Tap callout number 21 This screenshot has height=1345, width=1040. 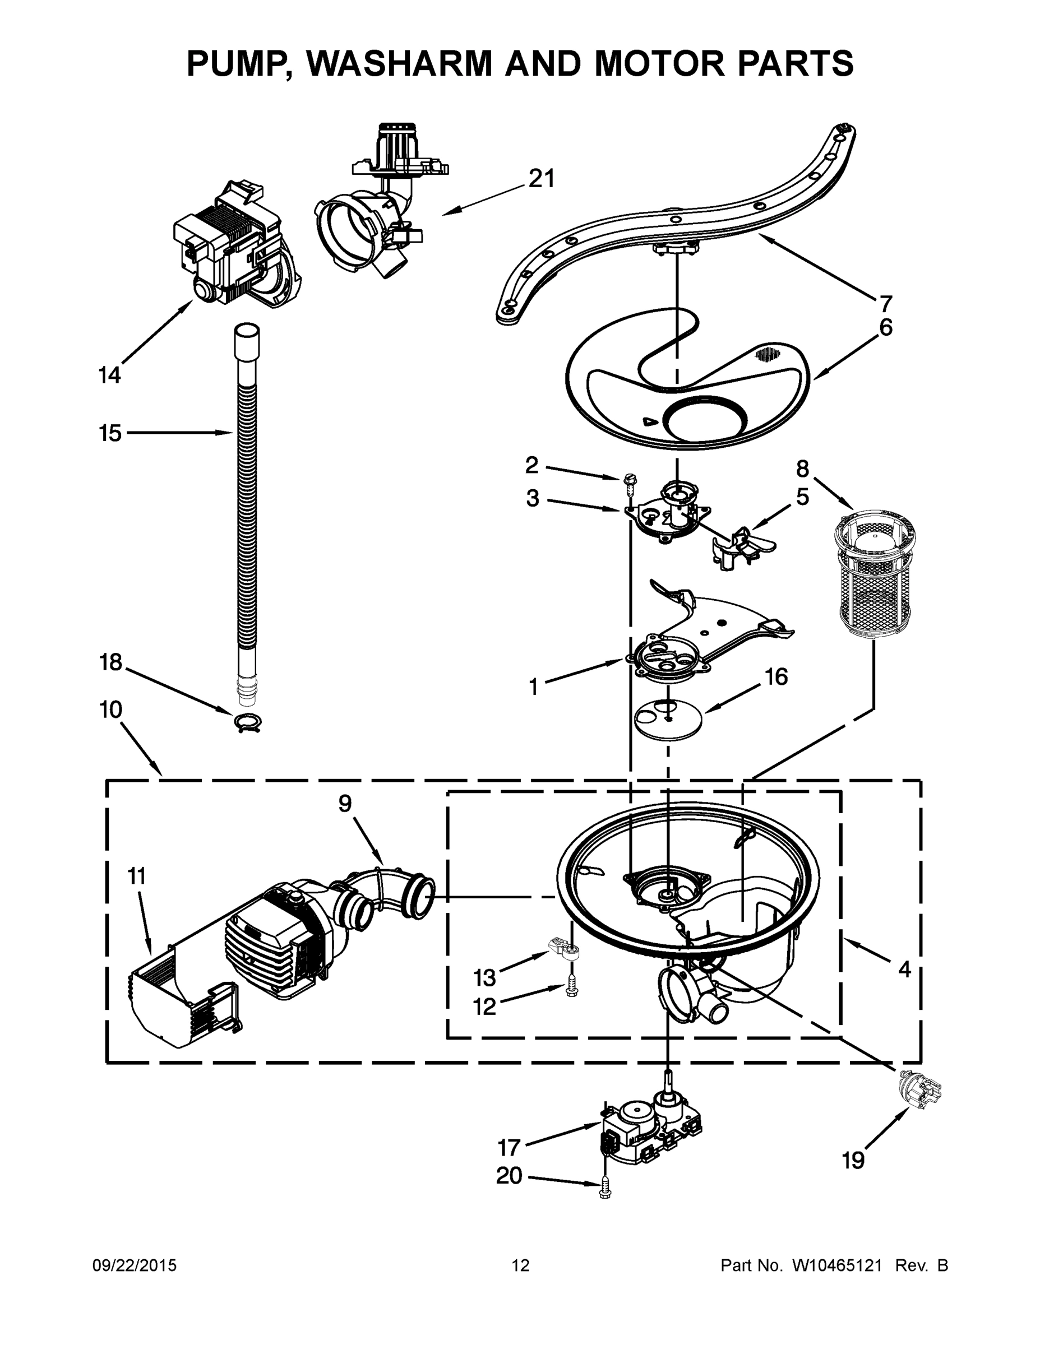pos(542,179)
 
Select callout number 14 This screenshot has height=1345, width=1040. pos(110,374)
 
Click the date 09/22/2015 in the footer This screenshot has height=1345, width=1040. pos(135,1265)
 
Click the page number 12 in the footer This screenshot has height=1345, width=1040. pos(521,1265)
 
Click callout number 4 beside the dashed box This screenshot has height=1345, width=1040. pos(904,970)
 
